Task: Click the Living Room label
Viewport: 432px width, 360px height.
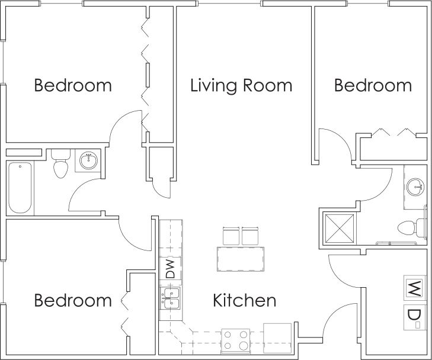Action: [241, 85]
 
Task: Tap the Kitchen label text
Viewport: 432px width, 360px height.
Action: [244, 300]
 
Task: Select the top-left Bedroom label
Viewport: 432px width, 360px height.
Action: [73, 85]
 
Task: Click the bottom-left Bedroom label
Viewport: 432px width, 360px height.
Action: [73, 300]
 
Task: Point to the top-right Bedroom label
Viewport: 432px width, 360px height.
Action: [373, 85]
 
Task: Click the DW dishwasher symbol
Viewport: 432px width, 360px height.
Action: [169, 269]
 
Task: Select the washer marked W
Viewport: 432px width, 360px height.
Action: [413, 288]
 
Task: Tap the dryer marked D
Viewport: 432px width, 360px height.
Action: [413, 317]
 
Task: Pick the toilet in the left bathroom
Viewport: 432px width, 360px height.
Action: [60, 165]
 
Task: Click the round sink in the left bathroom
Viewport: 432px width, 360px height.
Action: [89, 159]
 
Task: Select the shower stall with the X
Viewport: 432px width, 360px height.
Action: [338, 226]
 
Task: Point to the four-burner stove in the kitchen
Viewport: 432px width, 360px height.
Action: [235, 340]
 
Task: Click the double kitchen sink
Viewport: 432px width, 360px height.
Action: [170, 298]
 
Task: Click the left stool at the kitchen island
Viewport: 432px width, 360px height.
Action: [231, 235]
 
